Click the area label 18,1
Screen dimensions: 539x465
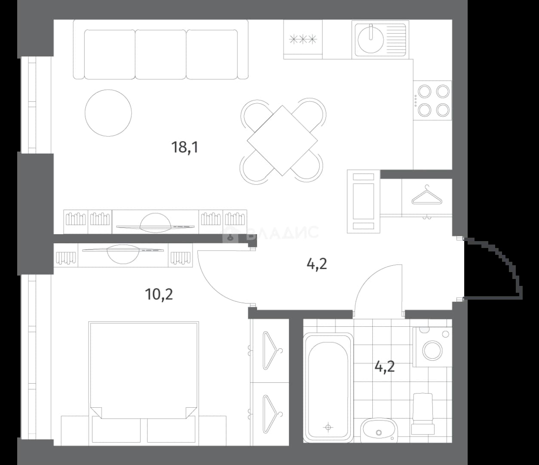click(x=185, y=147)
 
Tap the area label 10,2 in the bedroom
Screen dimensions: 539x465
click(x=159, y=294)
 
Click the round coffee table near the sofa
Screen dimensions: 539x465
click(x=108, y=113)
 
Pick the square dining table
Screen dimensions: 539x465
click(x=282, y=140)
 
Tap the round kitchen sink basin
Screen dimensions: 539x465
click(x=371, y=40)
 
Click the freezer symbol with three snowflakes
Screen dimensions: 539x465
click(x=303, y=40)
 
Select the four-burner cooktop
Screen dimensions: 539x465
click(x=432, y=100)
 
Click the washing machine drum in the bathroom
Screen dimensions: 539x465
click(x=432, y=350)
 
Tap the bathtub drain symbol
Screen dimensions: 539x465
click(x=328, y=428)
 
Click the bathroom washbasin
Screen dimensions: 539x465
click(x=379, y=430)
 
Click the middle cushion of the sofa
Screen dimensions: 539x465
click(x=161, y=54)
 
